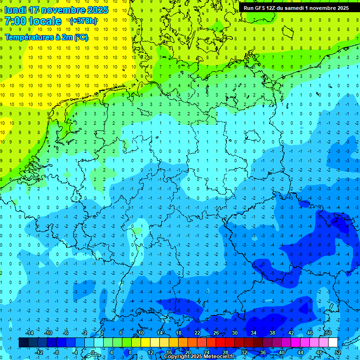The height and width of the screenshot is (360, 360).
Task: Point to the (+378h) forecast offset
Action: point(83,21)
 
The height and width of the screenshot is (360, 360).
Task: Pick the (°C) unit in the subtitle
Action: point(80,37)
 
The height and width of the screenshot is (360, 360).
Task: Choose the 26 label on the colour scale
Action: point(216,333)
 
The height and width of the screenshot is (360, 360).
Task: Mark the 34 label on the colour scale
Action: point(254,333)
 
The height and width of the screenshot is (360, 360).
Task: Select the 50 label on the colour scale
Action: point(329,333)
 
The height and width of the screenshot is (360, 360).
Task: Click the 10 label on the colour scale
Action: point(141,333)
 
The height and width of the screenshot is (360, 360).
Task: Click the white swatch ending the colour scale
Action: point(333,343)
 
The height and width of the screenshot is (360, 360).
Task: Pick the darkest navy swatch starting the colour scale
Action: point(23,343)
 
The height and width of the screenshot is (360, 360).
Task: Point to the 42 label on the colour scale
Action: point(291,333)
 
